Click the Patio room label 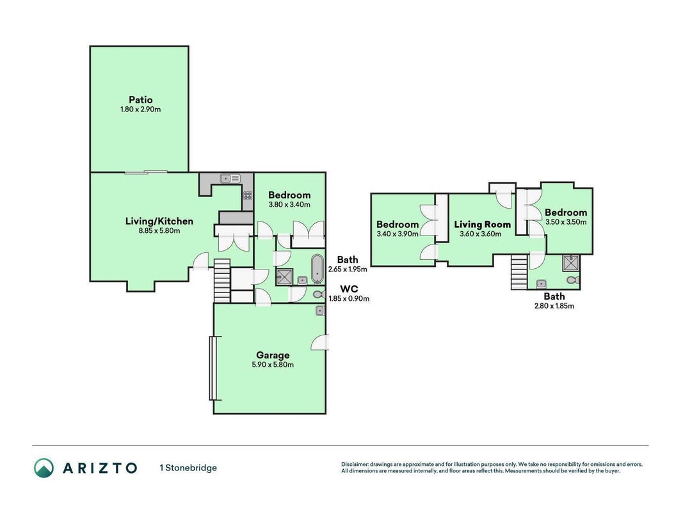tap(141, 100)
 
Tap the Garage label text tap(273, 355)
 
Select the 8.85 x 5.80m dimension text tap(159, 231)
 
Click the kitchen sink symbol tap(230, 179)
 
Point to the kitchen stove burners tap(248, 195)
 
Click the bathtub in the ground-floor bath tap(317, 269)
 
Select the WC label tap(349, 289)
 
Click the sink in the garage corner tap(319, 310)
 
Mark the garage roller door tap(213, 368)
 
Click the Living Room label tap(482, 224)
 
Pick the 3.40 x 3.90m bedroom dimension tap(398, 234)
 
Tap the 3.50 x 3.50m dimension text tap(566, 221)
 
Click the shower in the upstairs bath tap(571, 263)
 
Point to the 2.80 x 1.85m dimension tap(554, 306)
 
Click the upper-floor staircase tap(519, 273)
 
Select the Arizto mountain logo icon tap(44, 468)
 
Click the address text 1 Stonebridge tap(188, 468)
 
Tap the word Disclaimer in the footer tap(355, 465)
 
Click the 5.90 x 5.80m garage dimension tap(273, 365)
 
